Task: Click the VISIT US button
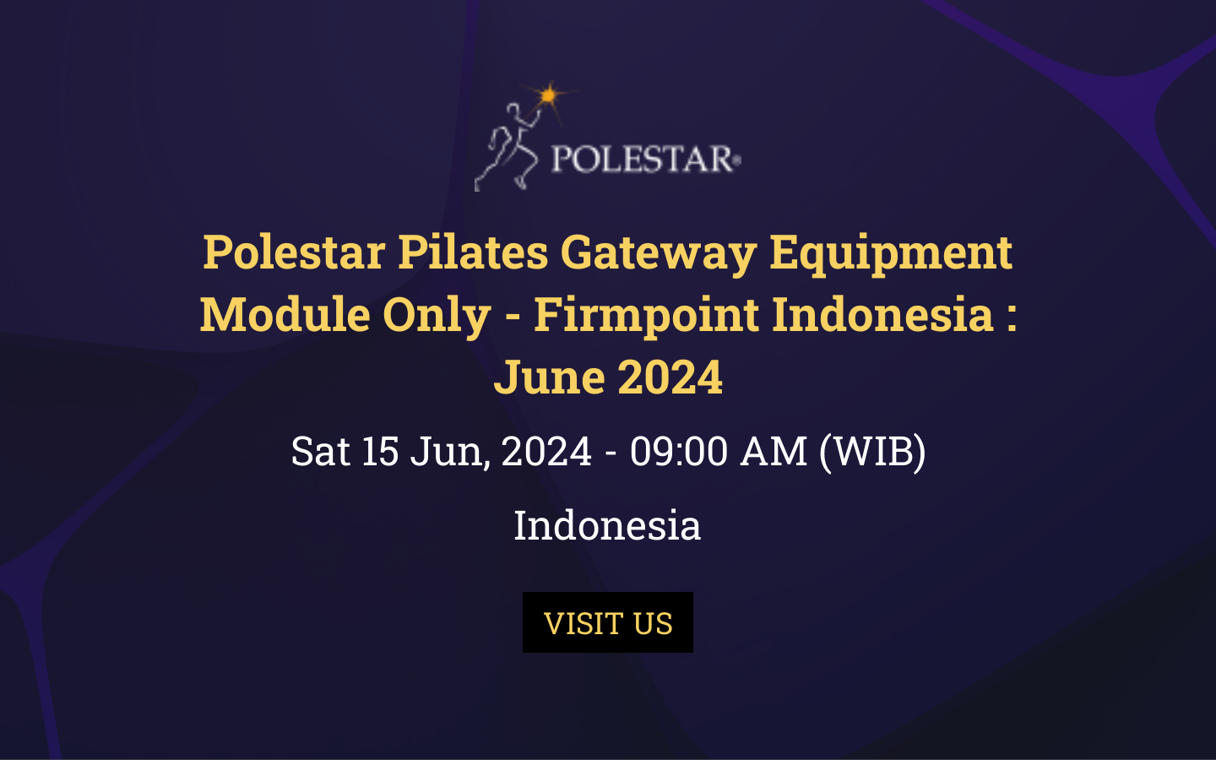point(608,622)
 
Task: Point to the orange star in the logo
point(549,95)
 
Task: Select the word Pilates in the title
point(472,252)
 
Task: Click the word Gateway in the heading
point(658,252)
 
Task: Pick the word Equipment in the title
point(890,252)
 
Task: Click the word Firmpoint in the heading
point(646,314)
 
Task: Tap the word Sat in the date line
point(320,451)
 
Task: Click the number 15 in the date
point(380,451)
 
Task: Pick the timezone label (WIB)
point(872,451)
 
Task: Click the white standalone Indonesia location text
point(607,525)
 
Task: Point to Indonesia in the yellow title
point(882,314)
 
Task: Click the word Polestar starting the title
point(294,252)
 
